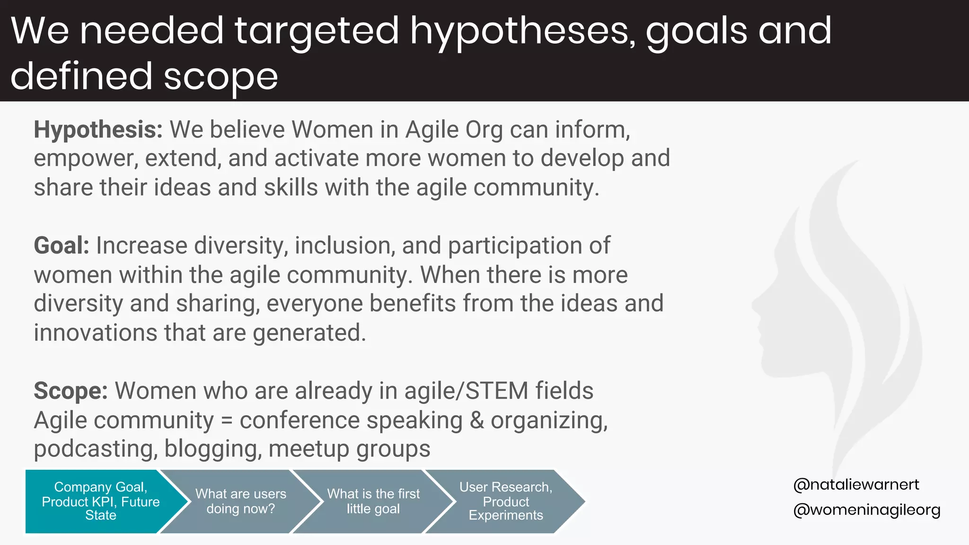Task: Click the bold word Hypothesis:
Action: [98, 130]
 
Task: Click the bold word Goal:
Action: [62, 246]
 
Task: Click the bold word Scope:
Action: [71, 391]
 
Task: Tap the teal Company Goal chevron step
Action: [100, 501]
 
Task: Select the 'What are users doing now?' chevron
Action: [240, 501]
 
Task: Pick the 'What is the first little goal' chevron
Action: [373, 501]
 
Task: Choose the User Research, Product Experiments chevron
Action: [505, 501]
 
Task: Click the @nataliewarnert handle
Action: [856, 484]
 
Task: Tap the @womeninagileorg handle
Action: [866, 510]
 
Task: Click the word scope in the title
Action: [220, 77]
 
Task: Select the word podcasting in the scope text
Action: [95, 449]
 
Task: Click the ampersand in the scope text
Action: [476, 420]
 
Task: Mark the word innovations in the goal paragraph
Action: [95, 333]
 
